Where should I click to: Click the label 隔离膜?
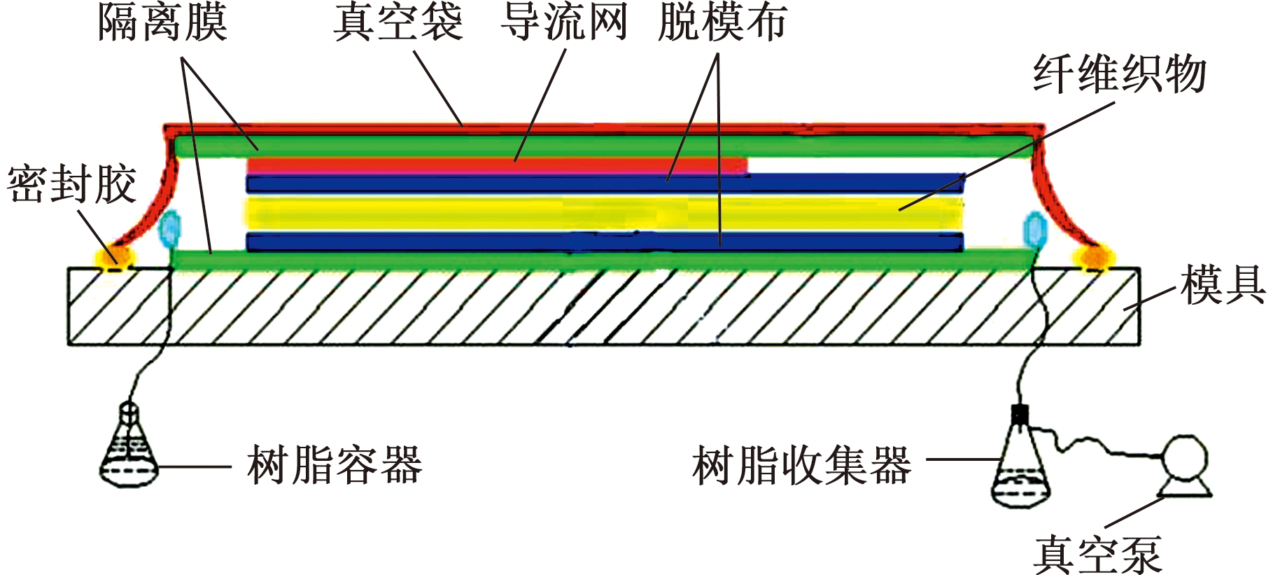pos(162,22)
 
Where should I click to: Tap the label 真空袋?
pos(398,22)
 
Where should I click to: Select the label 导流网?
pos(564,22)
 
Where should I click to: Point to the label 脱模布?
pos(722,22)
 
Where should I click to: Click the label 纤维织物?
pos(1120,74)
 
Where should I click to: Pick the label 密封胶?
pos(71,185)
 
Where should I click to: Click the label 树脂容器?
pos(335,465)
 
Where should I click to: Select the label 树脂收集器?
pos(802,465)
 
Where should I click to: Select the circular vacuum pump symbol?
pos(1185,459)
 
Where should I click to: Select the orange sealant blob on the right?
pos(1092,258)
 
